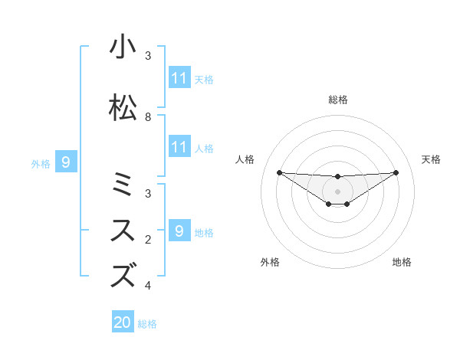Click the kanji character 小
[123, 47]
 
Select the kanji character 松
[123, 108]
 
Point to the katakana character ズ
[123, 274]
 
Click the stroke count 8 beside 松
[148, 117]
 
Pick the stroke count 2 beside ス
[148, 240]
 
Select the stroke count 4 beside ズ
[148, 286]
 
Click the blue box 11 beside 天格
[179, 77]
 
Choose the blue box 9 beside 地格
[179, 231]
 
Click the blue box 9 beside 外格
[66, 162]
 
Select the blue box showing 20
[123, 322]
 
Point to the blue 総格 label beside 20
[147, 324]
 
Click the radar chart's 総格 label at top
[337, 100]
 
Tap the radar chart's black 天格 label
[431, 159]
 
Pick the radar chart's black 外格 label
[270, 262]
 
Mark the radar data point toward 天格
[396, 172]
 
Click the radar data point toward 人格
[279, 172]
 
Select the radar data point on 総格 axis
[337, 176]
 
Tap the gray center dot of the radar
[337, 191]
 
